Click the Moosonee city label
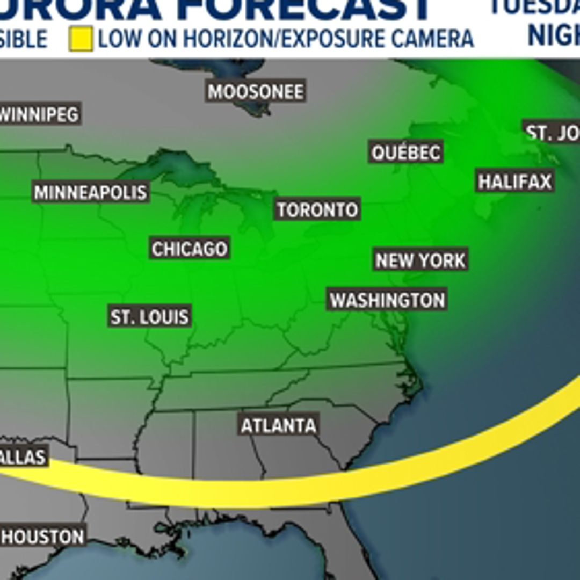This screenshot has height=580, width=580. [256, 92]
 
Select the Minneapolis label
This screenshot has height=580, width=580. [91, 193]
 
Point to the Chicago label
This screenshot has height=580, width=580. [190, 249]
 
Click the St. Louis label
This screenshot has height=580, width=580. [149, 317]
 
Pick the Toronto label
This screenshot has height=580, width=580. [317, 210]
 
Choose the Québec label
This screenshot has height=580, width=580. [406, 153]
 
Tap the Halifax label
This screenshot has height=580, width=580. [515, 182]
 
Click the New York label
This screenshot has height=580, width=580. [421, 261]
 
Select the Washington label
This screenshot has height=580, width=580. [387, 300]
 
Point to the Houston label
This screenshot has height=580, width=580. [43, 536]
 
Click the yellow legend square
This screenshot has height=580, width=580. [81, 39]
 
